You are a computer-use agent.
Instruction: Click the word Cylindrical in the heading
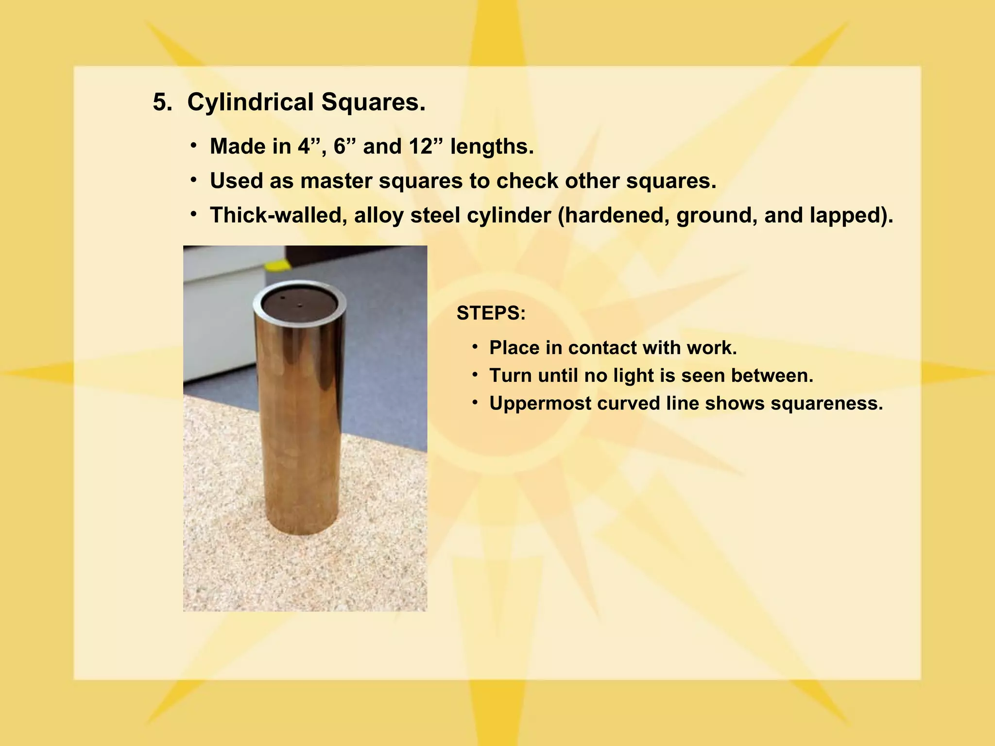click(x=250, y=102)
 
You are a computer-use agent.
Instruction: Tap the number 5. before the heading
click(x=162, y=102)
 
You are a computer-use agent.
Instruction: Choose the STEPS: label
click(x=491, y=313)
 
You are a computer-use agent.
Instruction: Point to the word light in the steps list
click(x=631, y=375)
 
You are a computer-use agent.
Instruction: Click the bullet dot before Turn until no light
click(x=476, y=374)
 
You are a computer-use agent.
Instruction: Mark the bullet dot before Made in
click(x=194, y=145)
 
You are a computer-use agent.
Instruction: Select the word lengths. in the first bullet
click(x=492, y=146)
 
